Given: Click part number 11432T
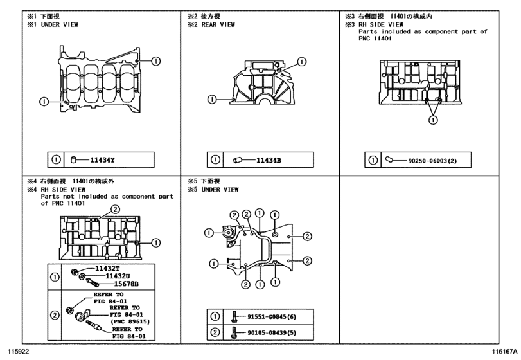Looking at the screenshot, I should tap(108, 268).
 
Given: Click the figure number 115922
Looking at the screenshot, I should tap(19, 352).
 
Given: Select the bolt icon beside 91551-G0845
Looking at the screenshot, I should tap(234, 316).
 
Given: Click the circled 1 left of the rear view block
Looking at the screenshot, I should tap(210, 99).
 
